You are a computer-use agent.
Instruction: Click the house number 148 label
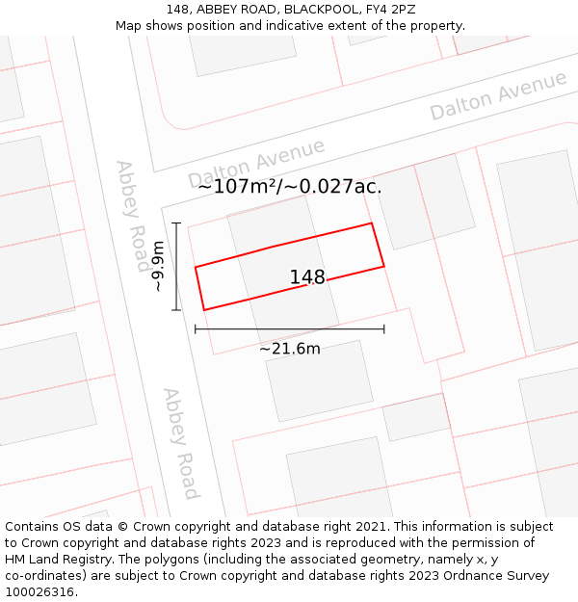tap(307, 277)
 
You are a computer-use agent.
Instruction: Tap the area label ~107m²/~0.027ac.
tap(289, 186)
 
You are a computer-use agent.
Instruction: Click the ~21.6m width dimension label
tap(289, 349)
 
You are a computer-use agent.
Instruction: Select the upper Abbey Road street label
tap(132, 217)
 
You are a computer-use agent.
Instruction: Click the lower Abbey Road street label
tap(180, 443)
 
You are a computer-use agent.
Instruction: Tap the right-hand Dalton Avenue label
tap(498, 95)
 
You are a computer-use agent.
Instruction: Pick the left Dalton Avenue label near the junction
tap(256, 163)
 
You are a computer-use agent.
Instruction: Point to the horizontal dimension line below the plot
tap(289, 329)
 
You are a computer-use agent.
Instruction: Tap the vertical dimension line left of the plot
tap(176, 267)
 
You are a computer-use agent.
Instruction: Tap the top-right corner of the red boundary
tap(372, 223)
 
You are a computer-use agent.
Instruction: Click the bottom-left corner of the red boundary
tap(204, 310)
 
